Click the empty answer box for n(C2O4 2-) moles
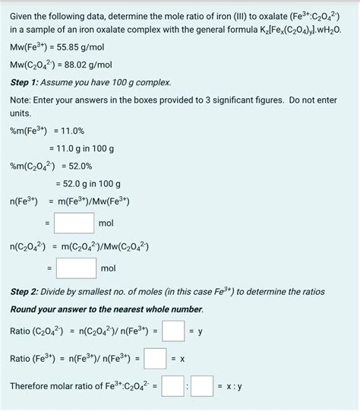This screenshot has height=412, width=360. coord(76,268)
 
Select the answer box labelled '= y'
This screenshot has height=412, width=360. coord(173,331)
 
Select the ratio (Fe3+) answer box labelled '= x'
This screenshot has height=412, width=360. coord(156,358)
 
